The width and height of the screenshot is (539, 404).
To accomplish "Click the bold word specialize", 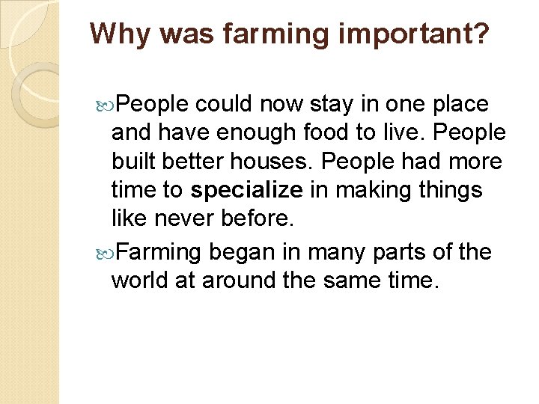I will coord(246,190).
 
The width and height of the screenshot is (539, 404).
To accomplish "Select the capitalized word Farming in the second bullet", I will coord(159,252).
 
